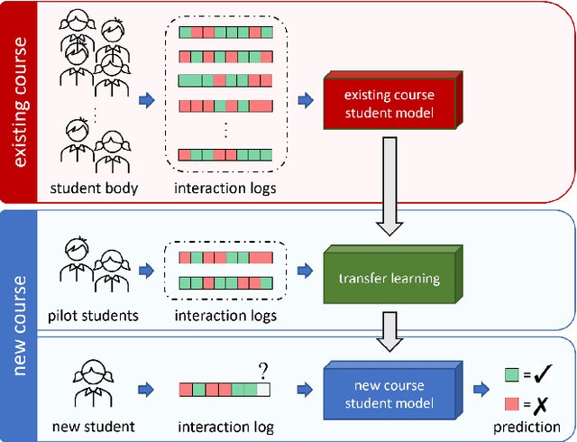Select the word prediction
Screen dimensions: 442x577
tap(530, 427)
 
